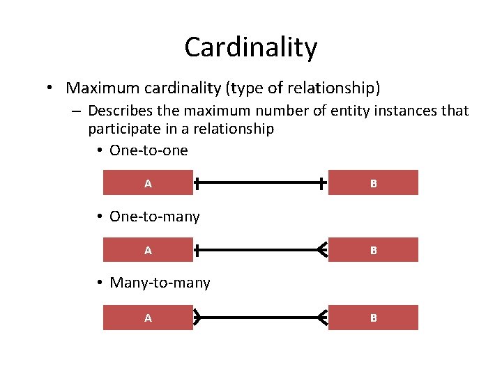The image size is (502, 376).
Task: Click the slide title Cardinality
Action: (250, 47)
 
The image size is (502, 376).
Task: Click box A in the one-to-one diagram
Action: (148, 183)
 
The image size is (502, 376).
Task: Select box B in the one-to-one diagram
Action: (373, 183)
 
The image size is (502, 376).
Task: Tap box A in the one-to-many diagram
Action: (148, 250)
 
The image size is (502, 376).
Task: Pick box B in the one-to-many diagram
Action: (373, 250)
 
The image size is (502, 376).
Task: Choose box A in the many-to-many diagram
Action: (148, 318)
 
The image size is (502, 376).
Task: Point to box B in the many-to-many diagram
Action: (373, 318)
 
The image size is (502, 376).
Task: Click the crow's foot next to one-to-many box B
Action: (322, 250)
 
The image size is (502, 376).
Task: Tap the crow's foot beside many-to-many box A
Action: (197, 318)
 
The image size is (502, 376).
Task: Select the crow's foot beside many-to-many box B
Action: (322, 318)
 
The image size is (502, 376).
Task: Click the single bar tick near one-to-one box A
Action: (198, 184)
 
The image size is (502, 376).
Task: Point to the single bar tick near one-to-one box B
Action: (321, 184)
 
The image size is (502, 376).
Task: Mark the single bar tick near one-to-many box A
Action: (198, 250)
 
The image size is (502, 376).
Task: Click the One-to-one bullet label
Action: (149, 150)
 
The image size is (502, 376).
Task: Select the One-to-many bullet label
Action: (154, 217)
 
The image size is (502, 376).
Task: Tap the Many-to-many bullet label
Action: (160, 283)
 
